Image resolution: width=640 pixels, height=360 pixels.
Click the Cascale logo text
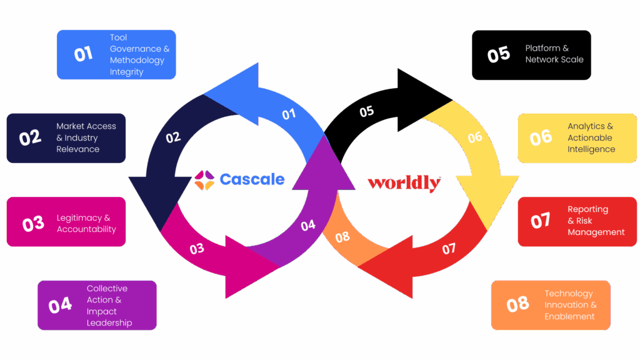252,180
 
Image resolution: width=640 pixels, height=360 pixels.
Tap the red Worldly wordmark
404,183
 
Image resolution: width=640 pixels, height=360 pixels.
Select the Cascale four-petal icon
204,180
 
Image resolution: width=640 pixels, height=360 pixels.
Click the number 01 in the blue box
83,54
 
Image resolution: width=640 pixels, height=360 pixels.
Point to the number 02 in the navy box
30,137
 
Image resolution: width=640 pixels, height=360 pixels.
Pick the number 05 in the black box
498,55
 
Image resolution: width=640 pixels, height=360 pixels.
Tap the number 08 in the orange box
517,305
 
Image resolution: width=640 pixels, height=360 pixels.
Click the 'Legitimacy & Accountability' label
86,223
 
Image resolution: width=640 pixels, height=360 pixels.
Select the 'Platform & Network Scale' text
554,54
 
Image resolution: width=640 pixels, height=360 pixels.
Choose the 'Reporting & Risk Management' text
596,221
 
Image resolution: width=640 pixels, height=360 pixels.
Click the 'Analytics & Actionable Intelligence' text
591,137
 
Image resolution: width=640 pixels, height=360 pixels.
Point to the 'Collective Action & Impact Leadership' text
109,305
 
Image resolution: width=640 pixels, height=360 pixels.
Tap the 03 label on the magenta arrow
197,249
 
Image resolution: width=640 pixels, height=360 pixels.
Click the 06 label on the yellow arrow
475,137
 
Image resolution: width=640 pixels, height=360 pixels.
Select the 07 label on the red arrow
449,249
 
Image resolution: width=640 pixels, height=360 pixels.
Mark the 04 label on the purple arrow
308,226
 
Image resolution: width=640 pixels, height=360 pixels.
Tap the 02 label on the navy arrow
173,137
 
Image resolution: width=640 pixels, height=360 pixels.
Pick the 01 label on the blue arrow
288,114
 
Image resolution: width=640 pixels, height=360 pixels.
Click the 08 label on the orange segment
342,237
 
